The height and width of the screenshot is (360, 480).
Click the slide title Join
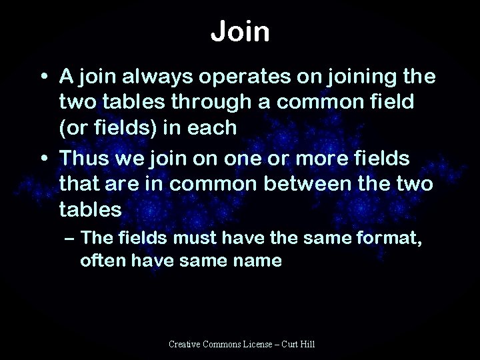[240, 32]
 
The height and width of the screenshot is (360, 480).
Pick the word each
[213, 127]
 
